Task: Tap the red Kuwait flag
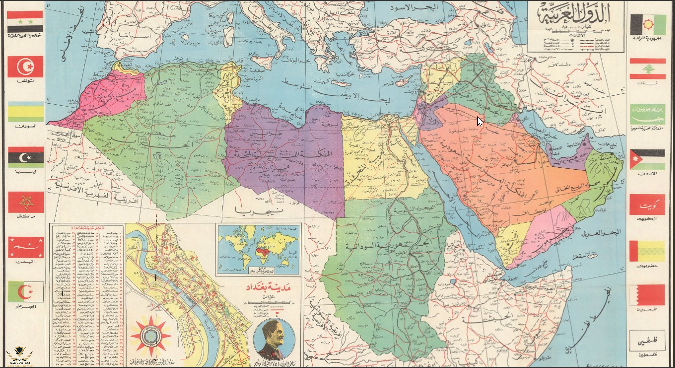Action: coord(647,205)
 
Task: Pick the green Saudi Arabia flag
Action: coord(647,114)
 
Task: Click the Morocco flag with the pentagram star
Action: coord(26,202)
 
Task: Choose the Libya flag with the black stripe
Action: coord(26,157)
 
